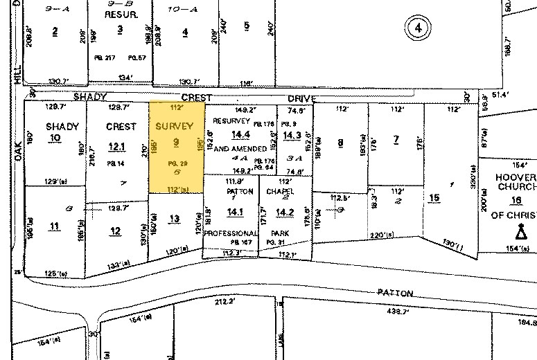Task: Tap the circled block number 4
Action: pyautogui.click(x=417, y=28)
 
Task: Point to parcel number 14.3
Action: pyautogui.click(x=292, y=135)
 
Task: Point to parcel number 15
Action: pyautogui.click(x=434, y=199)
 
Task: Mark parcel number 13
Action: pyautogui.click(x=175, y=219)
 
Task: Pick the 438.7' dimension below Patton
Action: pyautogui.click(x=378, y=312)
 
